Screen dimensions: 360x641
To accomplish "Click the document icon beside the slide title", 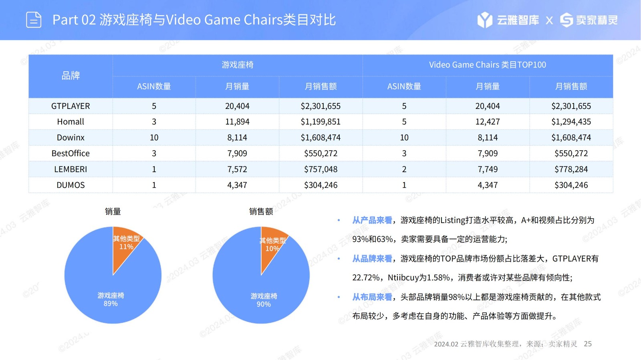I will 34,20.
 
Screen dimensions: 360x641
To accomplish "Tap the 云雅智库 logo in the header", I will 508,20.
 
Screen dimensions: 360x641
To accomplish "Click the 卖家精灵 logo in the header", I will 589,20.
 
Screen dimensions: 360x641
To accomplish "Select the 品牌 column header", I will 71,76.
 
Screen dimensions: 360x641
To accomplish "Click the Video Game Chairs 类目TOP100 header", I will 487,65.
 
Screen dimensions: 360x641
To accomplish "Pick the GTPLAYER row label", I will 71,106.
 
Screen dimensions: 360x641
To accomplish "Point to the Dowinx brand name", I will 71,138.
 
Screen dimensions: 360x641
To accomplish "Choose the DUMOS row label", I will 71,185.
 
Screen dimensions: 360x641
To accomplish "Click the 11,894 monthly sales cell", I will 237,122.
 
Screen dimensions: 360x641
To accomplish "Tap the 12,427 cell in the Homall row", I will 487,122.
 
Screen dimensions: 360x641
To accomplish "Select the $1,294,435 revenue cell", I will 571,122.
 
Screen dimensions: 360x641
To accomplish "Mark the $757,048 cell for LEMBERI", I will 320,169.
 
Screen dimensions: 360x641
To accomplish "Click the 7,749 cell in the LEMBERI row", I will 487,169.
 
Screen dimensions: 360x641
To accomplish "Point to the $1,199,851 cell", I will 320,122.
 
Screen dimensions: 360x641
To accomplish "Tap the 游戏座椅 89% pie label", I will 111,300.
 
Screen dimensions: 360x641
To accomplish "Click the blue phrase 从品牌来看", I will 372,259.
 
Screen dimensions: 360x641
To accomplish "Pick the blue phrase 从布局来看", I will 372,297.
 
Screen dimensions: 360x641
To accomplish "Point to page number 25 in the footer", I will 588,344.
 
